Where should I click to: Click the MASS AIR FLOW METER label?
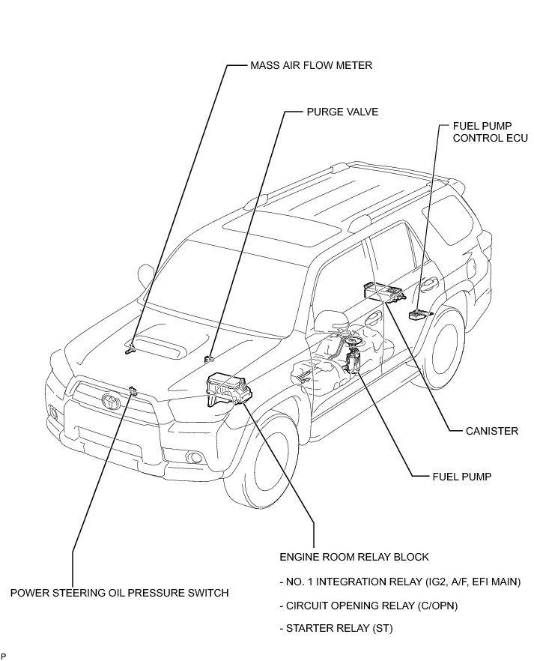coord(311,66)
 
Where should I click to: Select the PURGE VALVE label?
coord(342,112)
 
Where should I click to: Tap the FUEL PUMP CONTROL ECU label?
coord(491,132)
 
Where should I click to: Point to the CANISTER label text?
coord(493,431)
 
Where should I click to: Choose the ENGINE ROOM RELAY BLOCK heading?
coord(354,557)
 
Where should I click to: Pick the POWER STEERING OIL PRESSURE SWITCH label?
coord(119,593)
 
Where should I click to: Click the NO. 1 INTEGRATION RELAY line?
coord(398,582)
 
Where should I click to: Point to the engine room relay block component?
coord(227,390)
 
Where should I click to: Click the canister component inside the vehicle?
coord(381,291)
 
